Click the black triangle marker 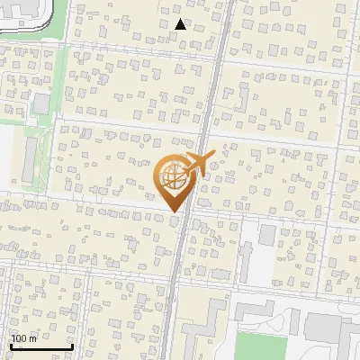[181, 24]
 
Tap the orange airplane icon [201, 165]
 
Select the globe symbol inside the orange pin [172, 177]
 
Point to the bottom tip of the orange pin [174, 212]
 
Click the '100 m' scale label [23, 338]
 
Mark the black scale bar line [40, 346]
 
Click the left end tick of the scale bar [10, 345]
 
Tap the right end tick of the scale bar [72, 345]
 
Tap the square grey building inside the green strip [41, 103]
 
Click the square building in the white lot [267, 236]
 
